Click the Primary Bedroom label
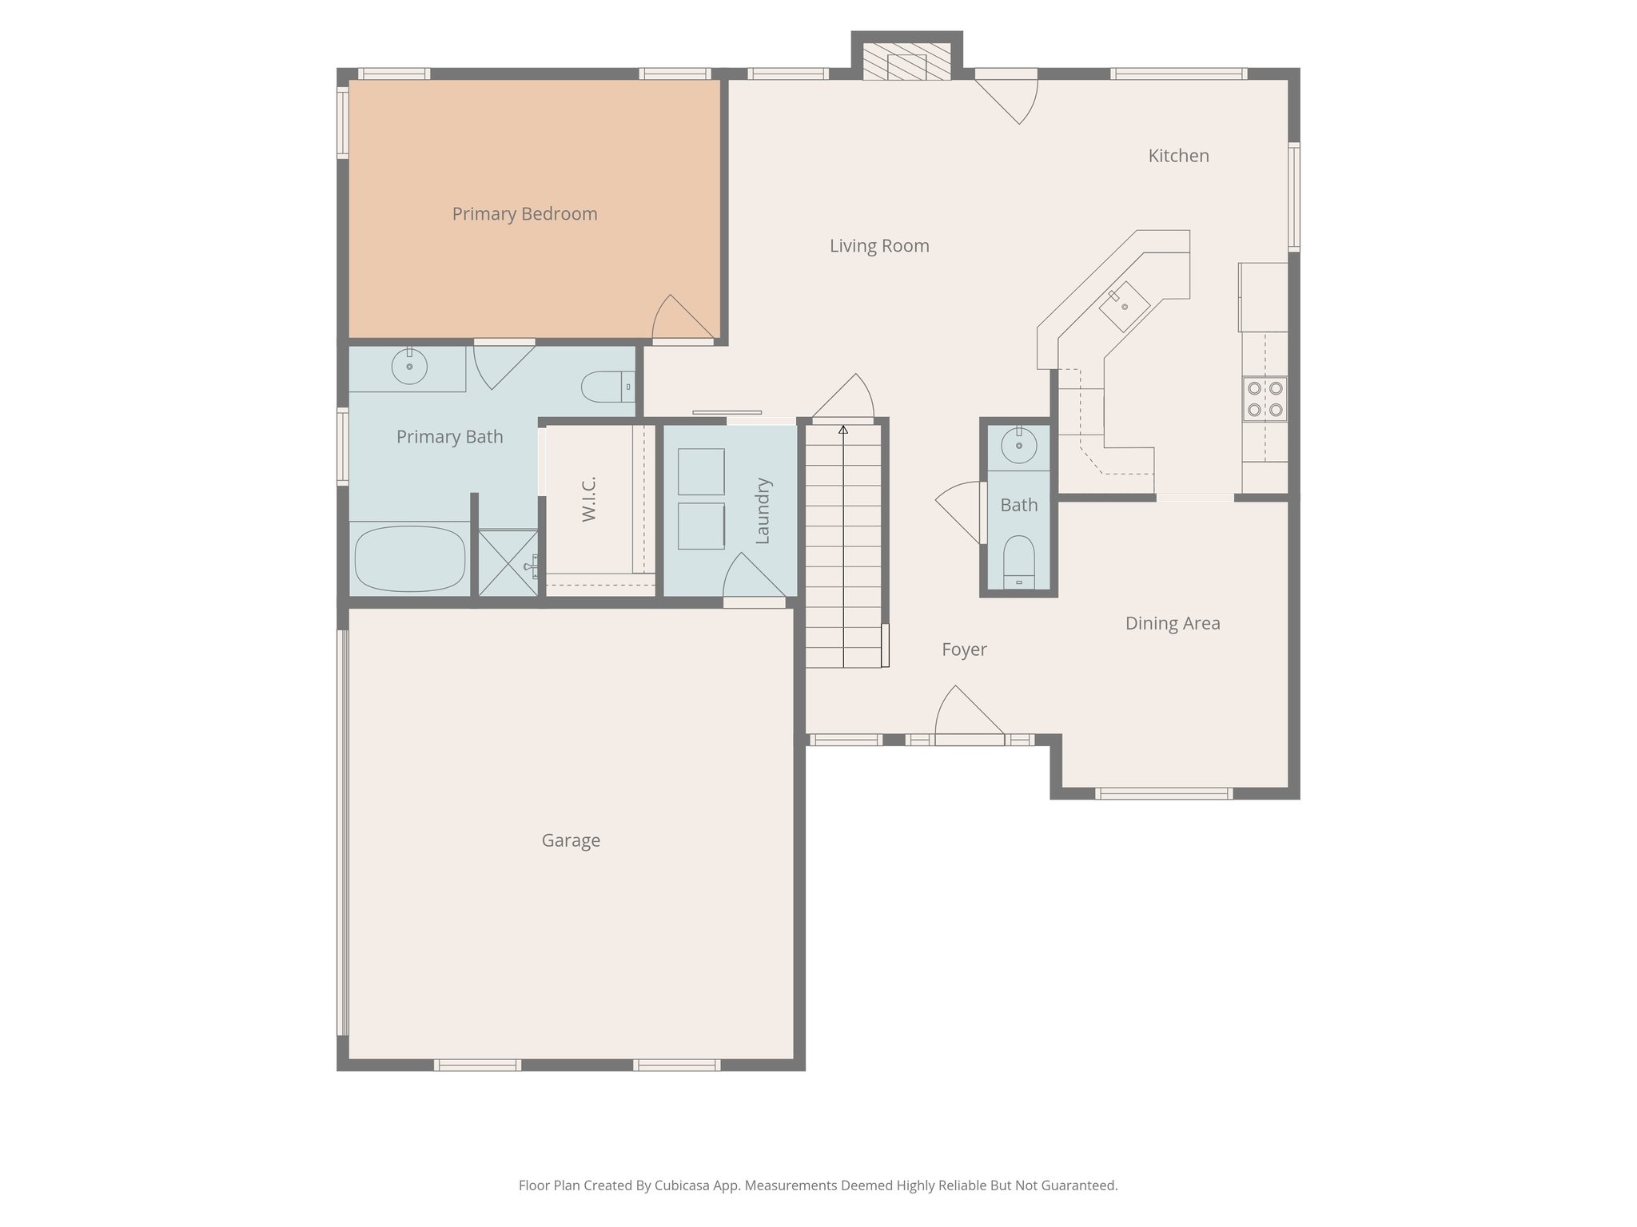[524, 214]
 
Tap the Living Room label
[879, 246]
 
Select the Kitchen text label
[1178, 156]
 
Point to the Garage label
[571, 840]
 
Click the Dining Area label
[1173, 623]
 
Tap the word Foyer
[964, 650]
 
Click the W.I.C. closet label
[589, 499]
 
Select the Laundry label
[762, 511]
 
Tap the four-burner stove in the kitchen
[1265, 399]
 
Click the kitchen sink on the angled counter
[1124, 307]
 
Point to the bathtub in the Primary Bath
[409, 558]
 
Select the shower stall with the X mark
[508, 563]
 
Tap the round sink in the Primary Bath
[409, 367]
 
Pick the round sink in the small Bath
[1019, 446]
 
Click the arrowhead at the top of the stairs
[843, 430]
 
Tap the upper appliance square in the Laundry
[701, 472]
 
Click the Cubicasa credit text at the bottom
[818, 1185]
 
